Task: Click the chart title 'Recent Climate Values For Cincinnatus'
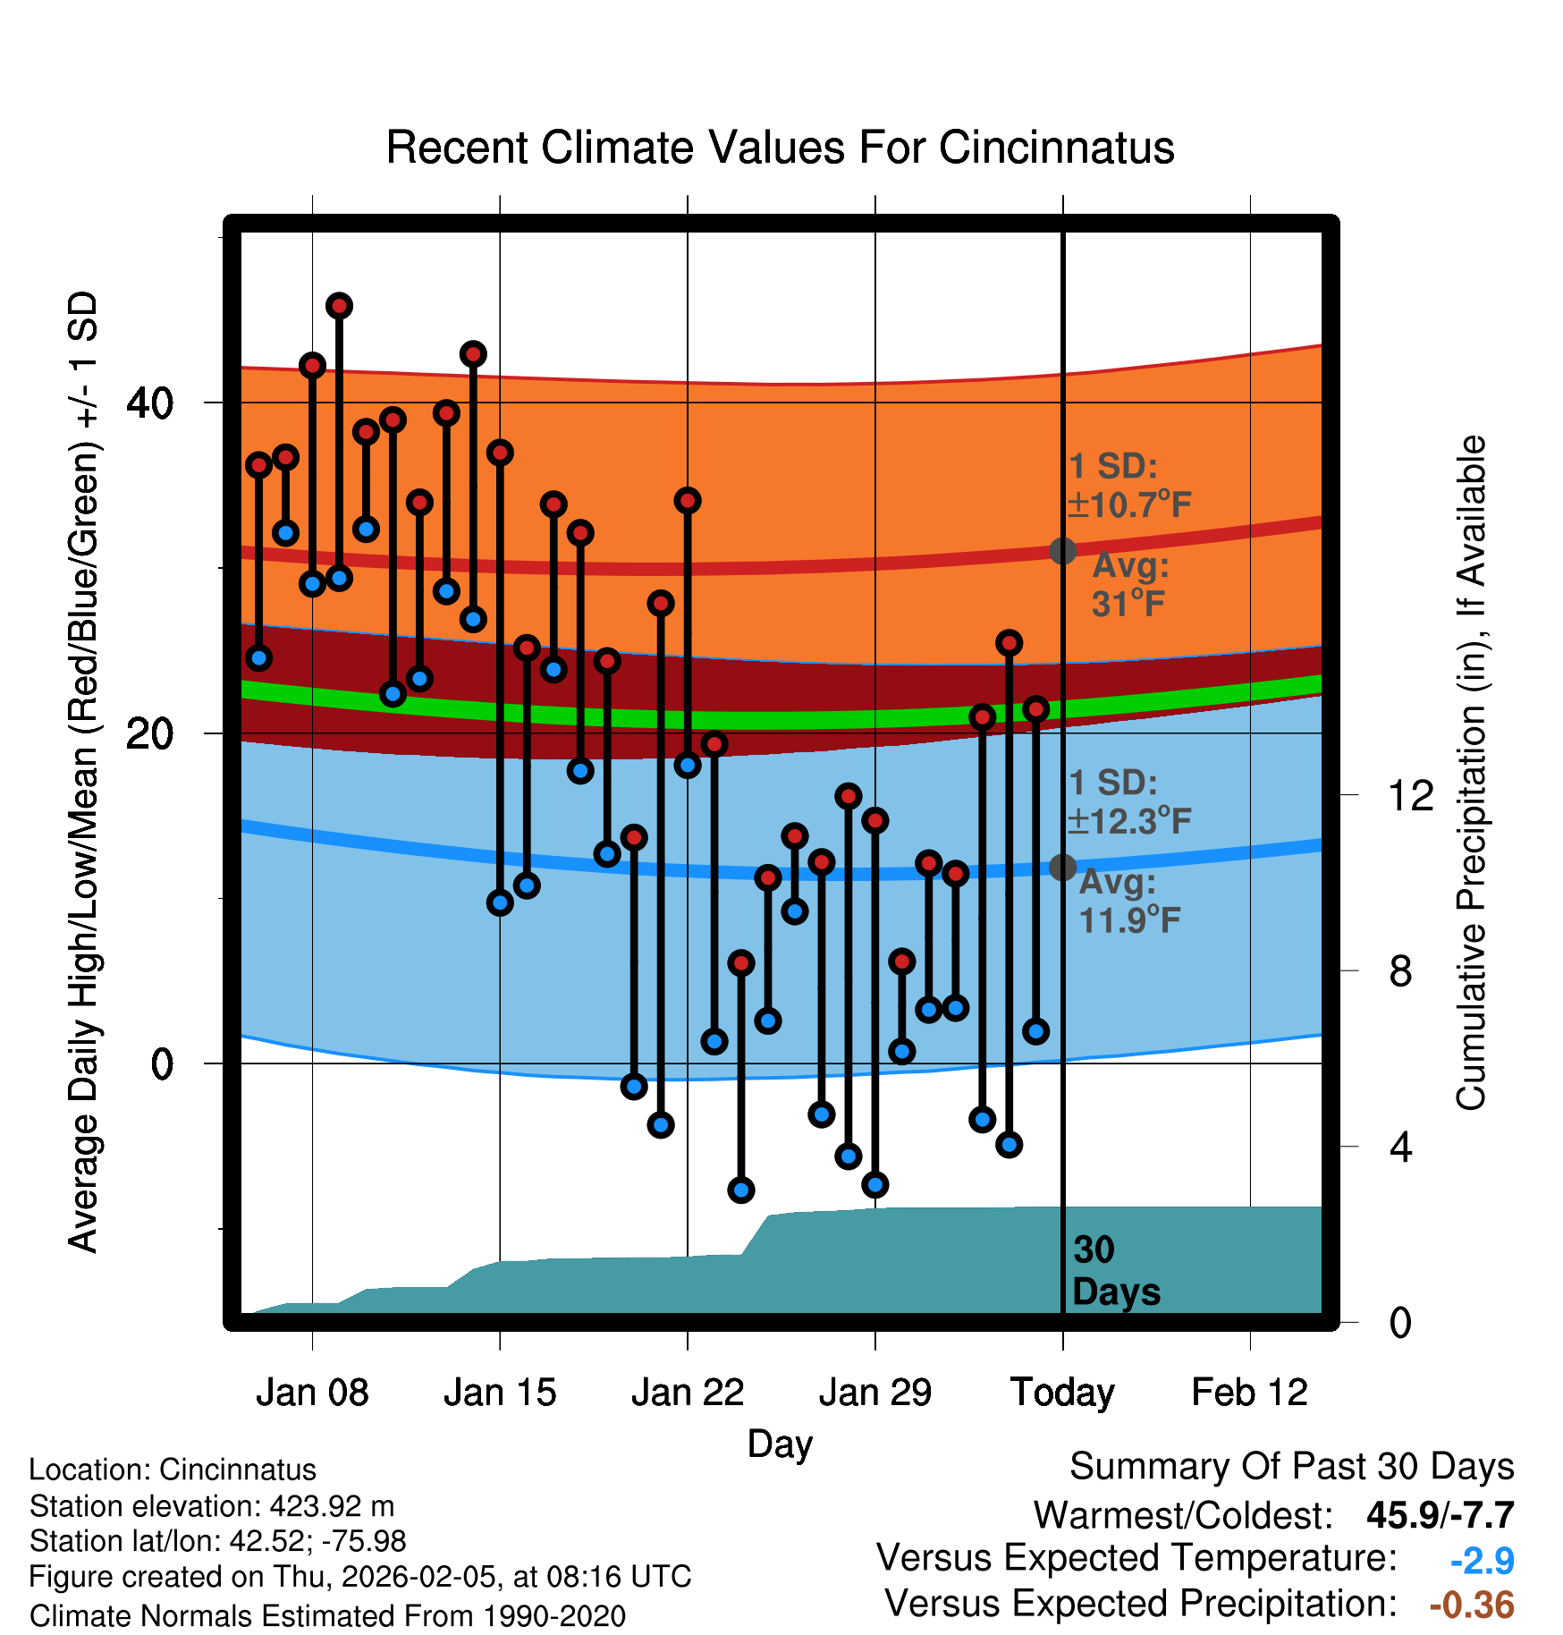(x=780, y=148)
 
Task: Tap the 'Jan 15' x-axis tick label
(x=500, y=1393)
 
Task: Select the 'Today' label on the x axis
(x=1062, y=1393)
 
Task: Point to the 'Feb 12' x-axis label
(x=1249, y=1393)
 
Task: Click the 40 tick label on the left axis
(x=150, y=403)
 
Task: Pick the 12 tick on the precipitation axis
(x=1410, y=795)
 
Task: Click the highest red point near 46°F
(x=339, y=306)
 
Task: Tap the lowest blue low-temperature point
(x=741, y=1190)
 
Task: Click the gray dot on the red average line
(x=1062, y=551)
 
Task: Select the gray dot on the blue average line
(x=1062, y=867)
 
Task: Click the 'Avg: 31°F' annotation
(x=1129, y=585)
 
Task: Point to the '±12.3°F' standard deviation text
(x=1130, y=821)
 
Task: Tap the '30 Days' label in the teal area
(x=1115, y=1271)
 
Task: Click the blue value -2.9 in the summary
(x=1482, y=1561)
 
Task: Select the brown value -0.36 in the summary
(x=1472, y=1605)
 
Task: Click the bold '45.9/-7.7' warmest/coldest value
(x=1440, y=1515)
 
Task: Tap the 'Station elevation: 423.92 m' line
(x=212, y=1506)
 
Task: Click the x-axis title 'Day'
(x=780, y=1444)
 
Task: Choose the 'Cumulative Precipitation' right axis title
(x=1471, y=774)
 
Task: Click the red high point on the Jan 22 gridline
(x=688, y=501)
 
